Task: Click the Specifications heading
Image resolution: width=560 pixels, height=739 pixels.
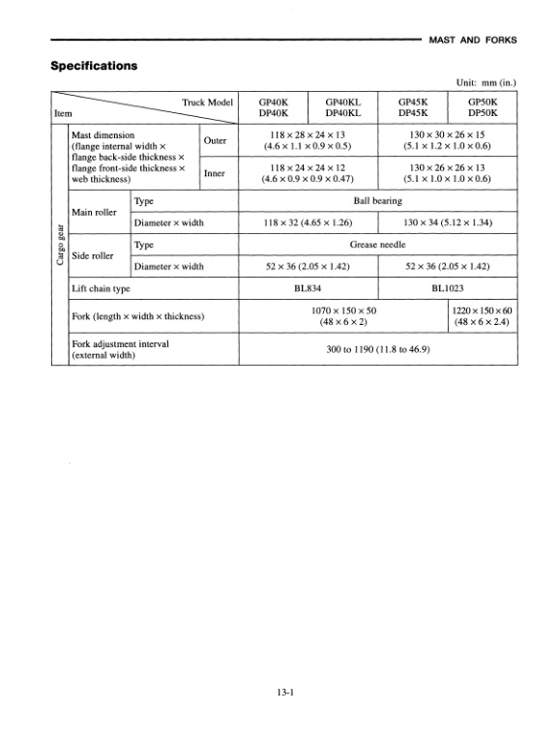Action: click(93, 67)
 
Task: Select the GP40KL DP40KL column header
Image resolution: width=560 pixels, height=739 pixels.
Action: click(343, 105)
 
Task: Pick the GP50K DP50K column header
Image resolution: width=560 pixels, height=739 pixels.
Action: click(483, 105)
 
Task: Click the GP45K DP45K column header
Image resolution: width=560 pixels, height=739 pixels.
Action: click(414, 105)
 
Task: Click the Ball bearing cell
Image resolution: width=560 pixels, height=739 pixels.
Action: click(378, 200)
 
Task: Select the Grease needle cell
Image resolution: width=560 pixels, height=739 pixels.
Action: click(378, 245)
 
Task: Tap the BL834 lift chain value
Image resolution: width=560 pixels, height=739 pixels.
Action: click(309, 288)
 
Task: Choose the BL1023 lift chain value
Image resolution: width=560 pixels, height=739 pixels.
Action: click(448, 288)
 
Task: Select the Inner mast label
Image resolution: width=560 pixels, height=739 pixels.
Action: click(214, 172)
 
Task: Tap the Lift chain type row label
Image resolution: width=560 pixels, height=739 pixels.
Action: click(102, 288)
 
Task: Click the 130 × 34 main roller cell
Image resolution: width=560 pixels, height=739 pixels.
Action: click(448, 222)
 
